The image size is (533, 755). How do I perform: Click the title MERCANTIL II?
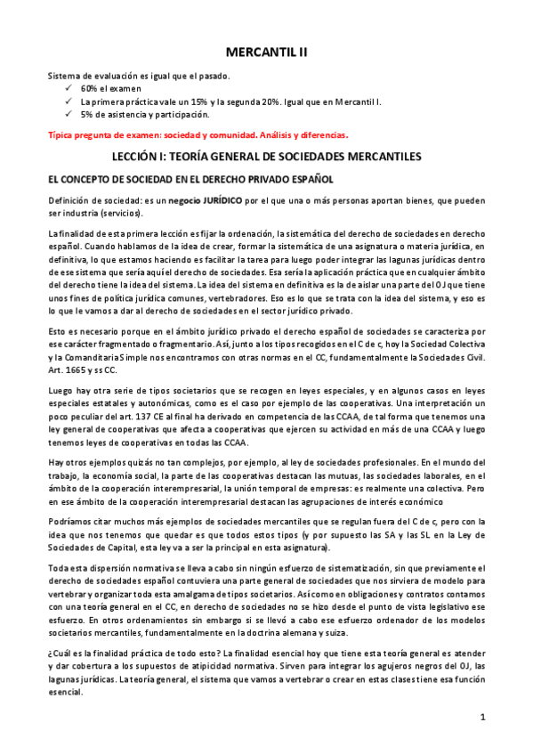point(266,53)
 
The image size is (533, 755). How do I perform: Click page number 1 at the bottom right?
point(481,717)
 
